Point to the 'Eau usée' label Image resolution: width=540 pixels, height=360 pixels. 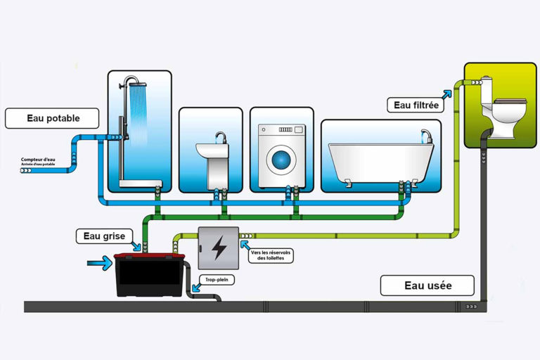427,285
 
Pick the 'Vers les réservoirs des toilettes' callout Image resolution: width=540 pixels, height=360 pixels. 271,255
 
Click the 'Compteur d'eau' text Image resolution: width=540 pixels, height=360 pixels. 39,161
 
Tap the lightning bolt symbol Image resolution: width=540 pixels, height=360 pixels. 219,247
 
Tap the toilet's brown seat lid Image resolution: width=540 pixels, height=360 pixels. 511,103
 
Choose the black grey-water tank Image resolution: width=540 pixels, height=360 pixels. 150,276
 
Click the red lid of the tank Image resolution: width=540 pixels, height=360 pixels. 150,257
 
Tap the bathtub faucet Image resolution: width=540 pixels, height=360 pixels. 425,134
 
